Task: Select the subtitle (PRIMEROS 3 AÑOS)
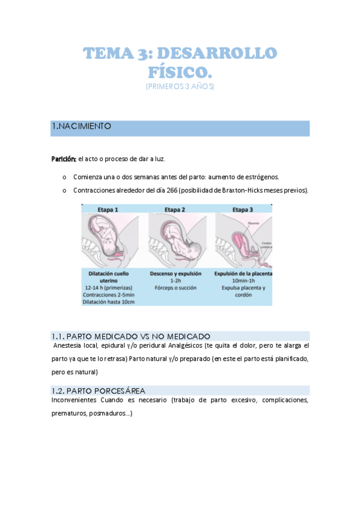[x=180, y=87]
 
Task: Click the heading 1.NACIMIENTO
[x=82, y=126]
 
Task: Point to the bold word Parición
[x=63, y=159]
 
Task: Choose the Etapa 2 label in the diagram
[x=175, y=209]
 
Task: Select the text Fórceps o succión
[x=175, y=288]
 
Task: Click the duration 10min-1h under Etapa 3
[x=243, y=280]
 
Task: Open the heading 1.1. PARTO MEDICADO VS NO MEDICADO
[x=131, y=336]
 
